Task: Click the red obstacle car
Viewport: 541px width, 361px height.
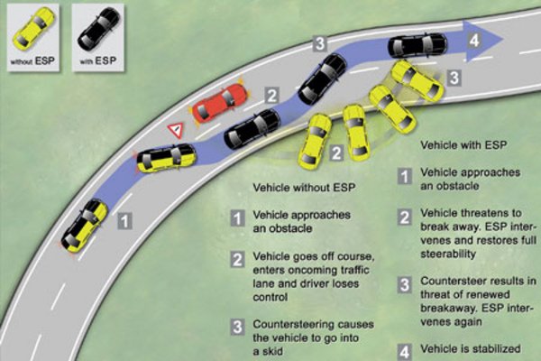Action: (219, 103)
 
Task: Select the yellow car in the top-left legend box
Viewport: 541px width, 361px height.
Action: (33, 28)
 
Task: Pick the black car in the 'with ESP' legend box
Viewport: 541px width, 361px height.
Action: (98, 28)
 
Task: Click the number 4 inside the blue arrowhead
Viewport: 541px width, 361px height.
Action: (474, 41)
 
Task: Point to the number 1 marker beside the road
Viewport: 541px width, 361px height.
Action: (124, 221)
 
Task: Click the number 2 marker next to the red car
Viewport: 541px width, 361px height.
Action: (272, 95)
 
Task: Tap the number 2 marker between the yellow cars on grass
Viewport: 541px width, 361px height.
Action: (336, 153)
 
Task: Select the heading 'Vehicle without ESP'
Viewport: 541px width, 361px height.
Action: (304, 188)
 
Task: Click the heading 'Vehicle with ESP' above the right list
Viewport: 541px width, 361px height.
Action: (463, 144)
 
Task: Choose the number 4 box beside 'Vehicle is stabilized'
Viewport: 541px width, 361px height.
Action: (404, 352)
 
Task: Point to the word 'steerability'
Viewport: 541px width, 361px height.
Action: (448, 254)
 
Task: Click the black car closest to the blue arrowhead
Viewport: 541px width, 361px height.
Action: (417, 45)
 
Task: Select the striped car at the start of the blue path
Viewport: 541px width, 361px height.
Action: (85, 226)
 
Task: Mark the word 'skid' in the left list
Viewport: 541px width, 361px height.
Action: (272, 351)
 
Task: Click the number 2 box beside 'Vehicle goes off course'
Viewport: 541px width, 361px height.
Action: (237, 259)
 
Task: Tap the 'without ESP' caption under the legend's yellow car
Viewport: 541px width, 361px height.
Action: (32, 61)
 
